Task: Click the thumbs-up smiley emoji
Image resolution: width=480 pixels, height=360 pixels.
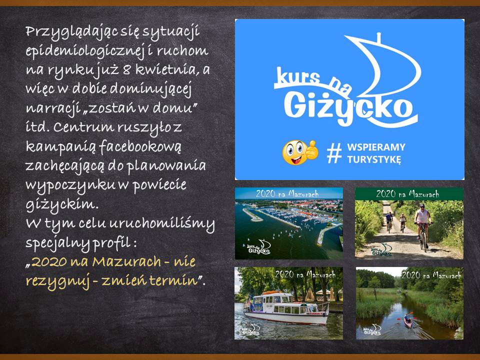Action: [x=300, y=152]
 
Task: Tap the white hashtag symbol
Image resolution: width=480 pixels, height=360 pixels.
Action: [x=334, y=153]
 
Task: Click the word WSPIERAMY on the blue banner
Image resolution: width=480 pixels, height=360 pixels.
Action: [x=376, y=147]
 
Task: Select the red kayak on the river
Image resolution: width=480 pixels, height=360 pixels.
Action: [x=408, y=320]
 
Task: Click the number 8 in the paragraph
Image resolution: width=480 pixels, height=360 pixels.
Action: [x=126, y=70]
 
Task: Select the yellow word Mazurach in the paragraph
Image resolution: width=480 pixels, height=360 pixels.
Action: [x=126, y=261]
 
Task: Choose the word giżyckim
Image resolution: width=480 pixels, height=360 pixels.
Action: [x=60, y=205]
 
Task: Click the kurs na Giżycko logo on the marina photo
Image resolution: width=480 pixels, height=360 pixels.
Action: [x=258, y=247]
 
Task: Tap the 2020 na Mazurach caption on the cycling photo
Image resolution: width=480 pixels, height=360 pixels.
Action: [x=408, y=194]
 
